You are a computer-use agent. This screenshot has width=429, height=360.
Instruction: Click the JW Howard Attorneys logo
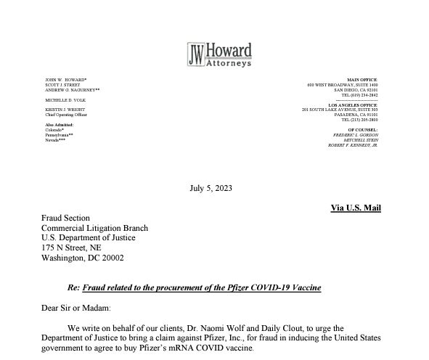point(219,54)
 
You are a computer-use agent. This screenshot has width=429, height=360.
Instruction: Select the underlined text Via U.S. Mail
point(356,208)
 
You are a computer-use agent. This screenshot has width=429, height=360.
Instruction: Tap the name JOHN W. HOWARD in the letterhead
point(66,79)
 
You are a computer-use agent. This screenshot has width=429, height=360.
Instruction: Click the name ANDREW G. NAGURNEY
point(73,89)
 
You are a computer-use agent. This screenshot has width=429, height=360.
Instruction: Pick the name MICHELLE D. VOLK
point(65,99)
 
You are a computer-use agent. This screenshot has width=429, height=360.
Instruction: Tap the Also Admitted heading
point(60,125)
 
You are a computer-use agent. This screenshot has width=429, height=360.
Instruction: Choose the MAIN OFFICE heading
point(362,79)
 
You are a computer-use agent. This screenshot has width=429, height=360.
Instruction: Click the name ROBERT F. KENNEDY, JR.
point(353,145)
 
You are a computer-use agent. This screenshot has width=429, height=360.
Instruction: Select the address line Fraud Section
point(65,218)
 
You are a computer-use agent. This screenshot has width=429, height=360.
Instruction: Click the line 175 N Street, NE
point(71,247)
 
